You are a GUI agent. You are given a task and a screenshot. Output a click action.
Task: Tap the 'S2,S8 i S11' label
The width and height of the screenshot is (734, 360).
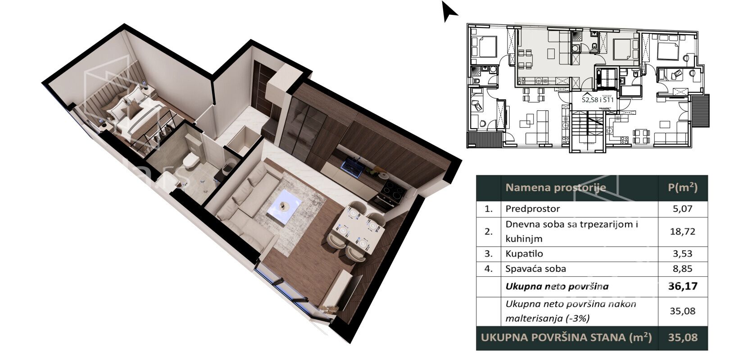point(598,99)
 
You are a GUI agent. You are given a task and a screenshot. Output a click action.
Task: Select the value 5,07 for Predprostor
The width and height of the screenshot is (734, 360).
point(683,209)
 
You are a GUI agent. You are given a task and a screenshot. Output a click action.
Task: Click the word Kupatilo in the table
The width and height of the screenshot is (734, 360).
point(524,253)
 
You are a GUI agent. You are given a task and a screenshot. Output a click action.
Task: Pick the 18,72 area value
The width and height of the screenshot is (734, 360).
point(683,232)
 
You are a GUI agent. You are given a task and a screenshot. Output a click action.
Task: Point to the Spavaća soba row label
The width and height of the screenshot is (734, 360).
point(535,269)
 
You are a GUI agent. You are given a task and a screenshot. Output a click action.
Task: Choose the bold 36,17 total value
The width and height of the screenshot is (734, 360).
point(683,286)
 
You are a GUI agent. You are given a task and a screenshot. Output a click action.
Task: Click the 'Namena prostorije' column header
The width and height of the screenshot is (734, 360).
point(556,188)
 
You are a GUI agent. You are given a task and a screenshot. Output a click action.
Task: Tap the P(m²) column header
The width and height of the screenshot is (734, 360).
point(683,187)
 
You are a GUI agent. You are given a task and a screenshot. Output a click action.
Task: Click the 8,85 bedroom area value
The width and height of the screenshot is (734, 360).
point(683,269)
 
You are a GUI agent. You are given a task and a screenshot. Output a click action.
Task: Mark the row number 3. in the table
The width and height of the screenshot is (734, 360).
point(489,253)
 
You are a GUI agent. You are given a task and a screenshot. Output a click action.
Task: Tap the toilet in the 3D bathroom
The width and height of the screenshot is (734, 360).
point(190,161)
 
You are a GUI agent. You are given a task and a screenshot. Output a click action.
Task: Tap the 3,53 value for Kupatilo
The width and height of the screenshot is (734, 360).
point(683,253)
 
